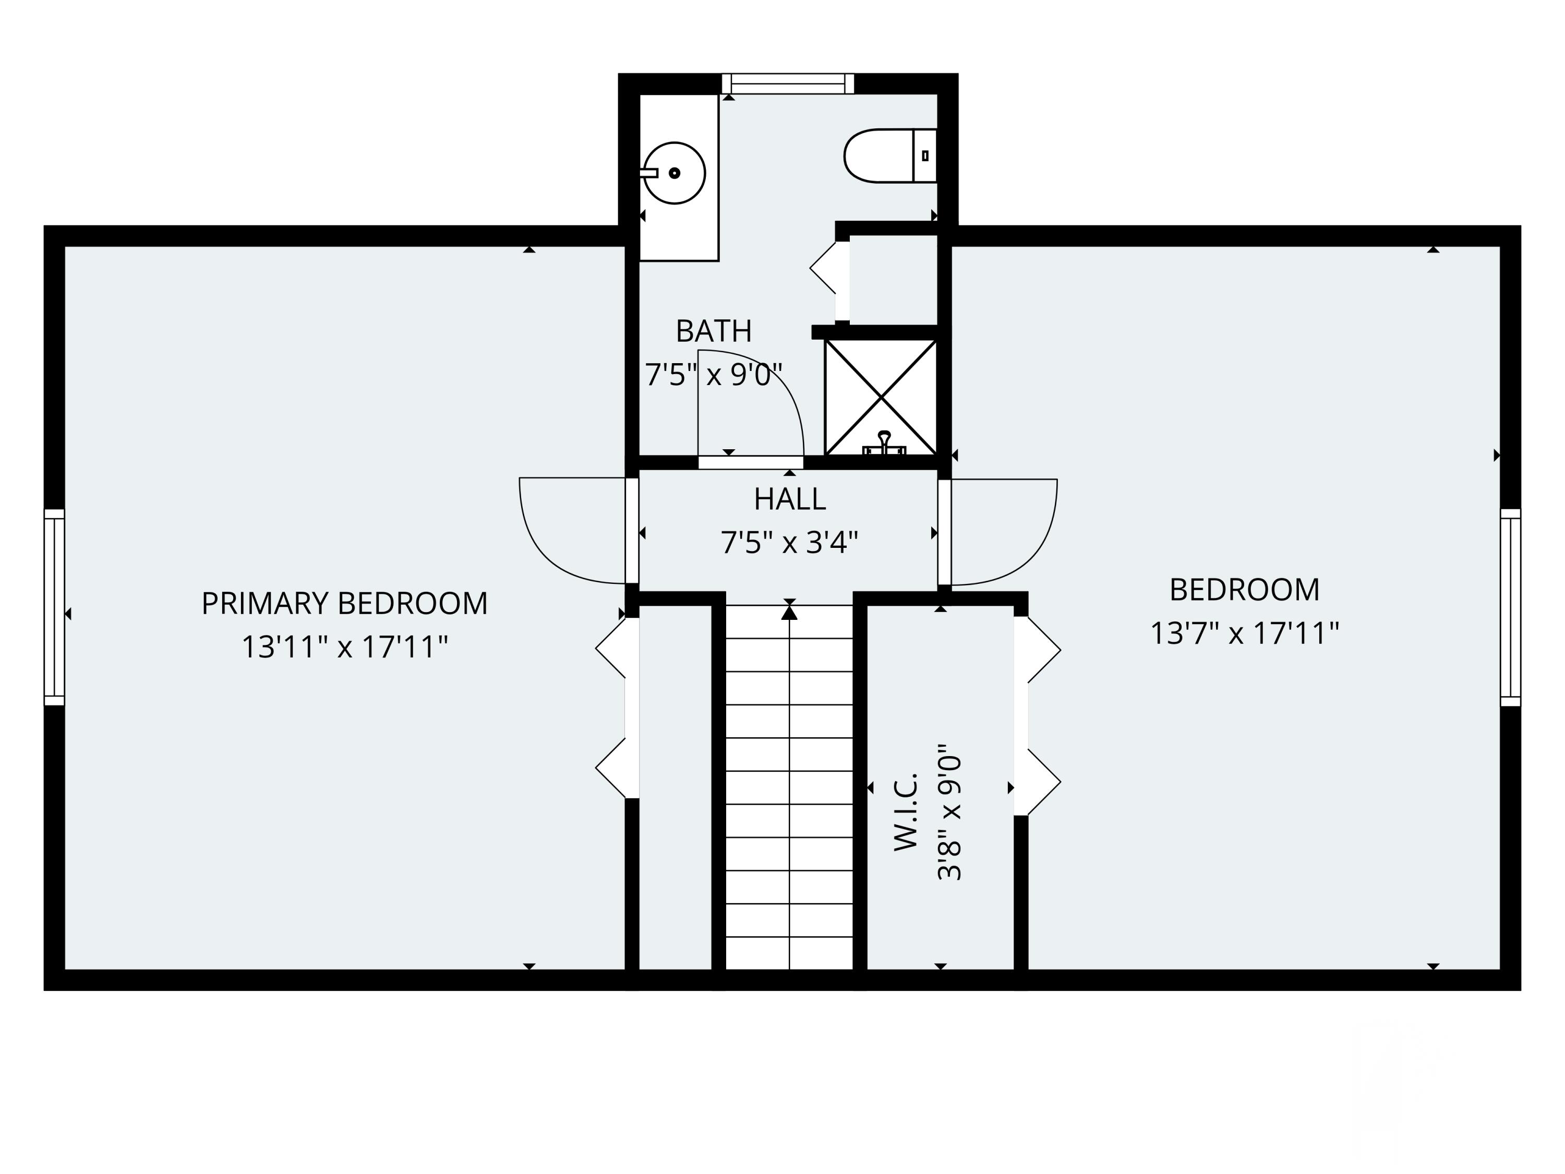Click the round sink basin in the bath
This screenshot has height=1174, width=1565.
pos(674,173)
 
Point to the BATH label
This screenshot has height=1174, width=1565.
pos(713,330)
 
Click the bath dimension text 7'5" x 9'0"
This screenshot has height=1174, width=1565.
pos(713,374)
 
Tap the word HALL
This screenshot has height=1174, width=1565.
pos(789,499)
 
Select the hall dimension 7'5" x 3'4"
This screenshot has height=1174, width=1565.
pos(789,543)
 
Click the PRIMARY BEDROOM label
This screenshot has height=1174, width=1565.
pos(344,603)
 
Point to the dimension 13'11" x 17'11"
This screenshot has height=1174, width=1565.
pos(344,646)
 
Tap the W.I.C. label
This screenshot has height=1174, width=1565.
pos(905,812)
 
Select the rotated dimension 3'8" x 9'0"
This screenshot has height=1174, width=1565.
pos(949,812)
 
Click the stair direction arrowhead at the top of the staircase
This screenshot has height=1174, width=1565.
pos(789,612)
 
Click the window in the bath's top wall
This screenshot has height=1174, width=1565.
pos(787,83)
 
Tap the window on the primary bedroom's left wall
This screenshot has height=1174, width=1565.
pos(54,607)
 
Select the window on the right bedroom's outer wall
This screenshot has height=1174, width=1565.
pos(1511,607)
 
